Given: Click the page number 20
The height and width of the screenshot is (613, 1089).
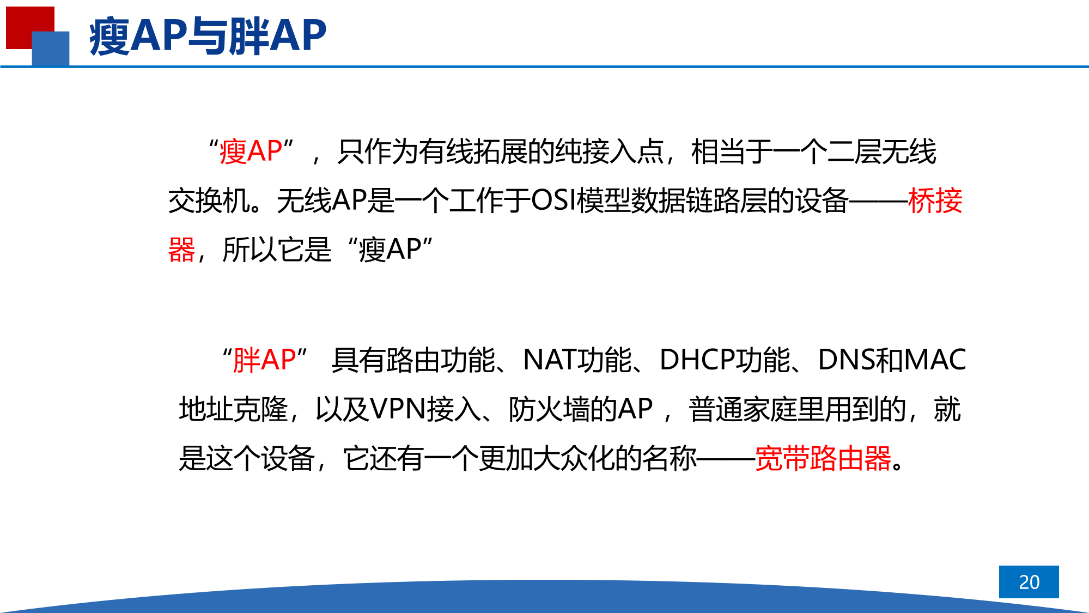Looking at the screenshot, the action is [1029, 582].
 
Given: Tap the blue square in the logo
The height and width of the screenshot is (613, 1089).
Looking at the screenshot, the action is [51, 48].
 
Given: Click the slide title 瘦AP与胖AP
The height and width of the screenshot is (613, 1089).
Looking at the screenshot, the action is [208, 35].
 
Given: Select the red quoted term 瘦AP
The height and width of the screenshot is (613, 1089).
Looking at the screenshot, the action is [251, 151].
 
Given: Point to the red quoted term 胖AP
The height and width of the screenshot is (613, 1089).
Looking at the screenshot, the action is [264, 360].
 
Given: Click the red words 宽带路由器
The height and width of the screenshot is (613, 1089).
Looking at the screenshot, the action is [823, 458].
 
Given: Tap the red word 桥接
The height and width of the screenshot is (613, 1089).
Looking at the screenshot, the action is [935, 201].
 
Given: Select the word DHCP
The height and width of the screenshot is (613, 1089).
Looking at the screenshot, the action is [697, 360].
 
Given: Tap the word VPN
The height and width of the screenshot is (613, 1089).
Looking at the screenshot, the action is [398, 409].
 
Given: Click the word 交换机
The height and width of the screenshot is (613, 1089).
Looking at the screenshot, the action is [209, 201].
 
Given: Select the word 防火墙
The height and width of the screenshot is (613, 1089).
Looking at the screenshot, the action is [549, 409].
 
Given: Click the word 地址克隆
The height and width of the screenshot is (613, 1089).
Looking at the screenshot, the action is [233, 409].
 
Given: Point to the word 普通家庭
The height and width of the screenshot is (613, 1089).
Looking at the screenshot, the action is [743, 409].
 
